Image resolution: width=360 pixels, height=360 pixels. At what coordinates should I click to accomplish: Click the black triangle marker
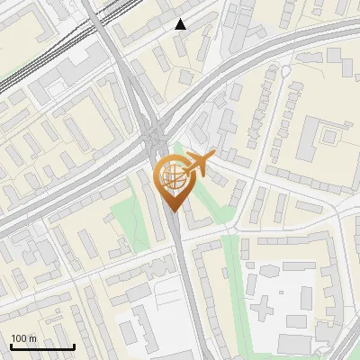(x=181, y=24)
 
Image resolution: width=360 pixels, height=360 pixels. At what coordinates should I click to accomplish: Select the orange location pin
(x=172, y=181)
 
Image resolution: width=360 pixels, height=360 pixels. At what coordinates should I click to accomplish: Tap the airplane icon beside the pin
(x=199, y=164)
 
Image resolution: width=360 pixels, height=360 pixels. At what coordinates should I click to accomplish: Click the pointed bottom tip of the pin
(x=172, y=208)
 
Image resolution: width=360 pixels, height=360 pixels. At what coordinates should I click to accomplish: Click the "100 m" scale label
(x=23, y=338)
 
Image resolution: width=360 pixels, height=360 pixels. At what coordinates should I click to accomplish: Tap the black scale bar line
(x=42, y=347)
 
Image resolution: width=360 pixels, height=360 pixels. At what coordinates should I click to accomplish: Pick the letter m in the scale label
(x=32, y=338)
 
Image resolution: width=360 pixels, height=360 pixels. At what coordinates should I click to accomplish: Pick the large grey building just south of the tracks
(x=85, y=61)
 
